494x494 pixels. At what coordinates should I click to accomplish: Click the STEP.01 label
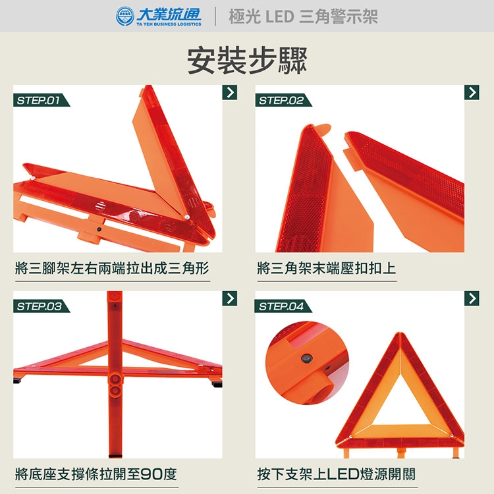tap(38, 101)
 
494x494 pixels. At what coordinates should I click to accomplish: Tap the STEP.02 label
tap(281, 101)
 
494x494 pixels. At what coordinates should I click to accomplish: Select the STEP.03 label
tap(39, 306)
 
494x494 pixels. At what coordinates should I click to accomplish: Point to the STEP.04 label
tap(281, 306)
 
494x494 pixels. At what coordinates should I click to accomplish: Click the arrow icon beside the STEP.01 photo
tap(230, 92)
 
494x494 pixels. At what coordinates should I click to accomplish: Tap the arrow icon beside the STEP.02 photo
tap(472, 92)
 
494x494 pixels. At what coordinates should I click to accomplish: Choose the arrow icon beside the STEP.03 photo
tap(230, 298)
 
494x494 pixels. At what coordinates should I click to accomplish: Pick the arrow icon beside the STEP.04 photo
tap(472, 298)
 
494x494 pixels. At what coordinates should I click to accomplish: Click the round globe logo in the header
tap(124, 16)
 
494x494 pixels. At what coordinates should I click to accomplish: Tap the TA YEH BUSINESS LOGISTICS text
tap(169, 24)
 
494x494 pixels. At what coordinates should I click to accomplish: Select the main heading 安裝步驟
tap(247, 61)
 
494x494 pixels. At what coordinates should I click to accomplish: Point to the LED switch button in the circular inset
tap(306, 358)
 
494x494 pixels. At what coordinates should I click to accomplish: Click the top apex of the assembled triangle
tap(400, 333)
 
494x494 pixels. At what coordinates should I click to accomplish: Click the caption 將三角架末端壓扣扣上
tap(327, 269)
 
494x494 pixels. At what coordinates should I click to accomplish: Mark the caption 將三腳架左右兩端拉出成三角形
tap(112, 269)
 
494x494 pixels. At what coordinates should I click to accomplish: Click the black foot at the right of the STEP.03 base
tap(217, 384)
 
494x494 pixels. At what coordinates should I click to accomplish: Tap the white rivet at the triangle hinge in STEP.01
tap(187, 217)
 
